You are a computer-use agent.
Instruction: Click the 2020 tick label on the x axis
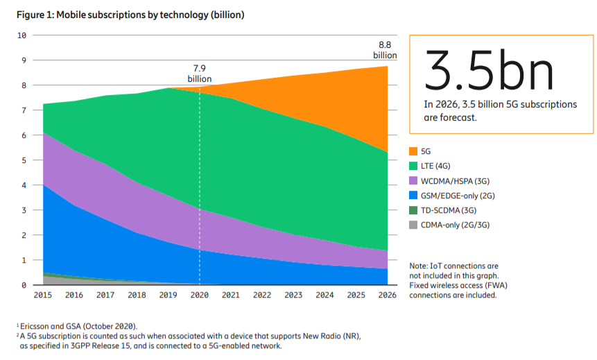[x=199, y=294]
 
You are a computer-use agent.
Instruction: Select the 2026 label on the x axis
[x=387, y=294]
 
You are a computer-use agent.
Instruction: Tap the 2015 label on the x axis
[x=43, y=294]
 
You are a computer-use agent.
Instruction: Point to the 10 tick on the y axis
[x=21, y=35]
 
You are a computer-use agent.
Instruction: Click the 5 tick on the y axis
[x=24, y=160]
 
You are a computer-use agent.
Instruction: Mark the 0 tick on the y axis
[x=24, y=285]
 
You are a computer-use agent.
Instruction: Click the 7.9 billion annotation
[x=200, y=73]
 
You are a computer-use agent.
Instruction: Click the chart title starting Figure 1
[x=130, y=14]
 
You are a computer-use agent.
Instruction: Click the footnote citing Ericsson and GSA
[x=78, y=326]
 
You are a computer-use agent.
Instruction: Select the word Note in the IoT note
[x=419, y=266]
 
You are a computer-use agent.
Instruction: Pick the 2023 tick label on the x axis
[x=293, y=294]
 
